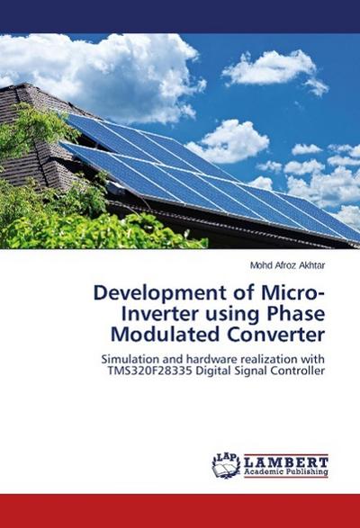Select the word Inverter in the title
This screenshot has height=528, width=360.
162,317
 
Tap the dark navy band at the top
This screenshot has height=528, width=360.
180,16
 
